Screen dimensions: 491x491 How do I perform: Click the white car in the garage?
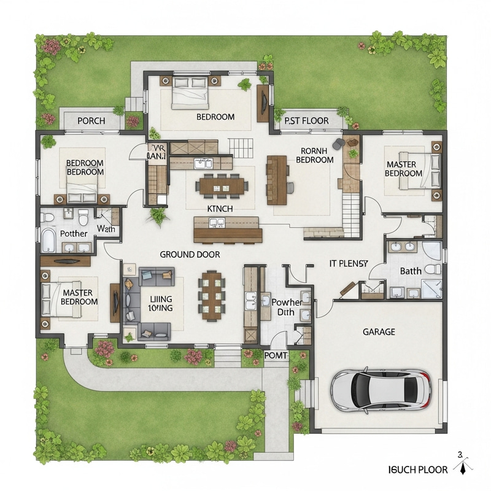[x=381, y=390]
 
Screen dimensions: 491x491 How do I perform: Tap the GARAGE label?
[x=379, y=332]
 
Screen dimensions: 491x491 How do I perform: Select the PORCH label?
[x=91, y=121]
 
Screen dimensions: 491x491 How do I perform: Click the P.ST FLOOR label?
[x=306, y=121]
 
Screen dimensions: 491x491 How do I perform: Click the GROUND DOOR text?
[x=190, y=254]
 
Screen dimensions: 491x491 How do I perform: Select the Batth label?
[x=410, y=271]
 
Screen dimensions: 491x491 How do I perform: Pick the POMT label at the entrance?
[x=276, y=355]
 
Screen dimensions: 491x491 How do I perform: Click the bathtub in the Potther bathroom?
[x=49, y=241]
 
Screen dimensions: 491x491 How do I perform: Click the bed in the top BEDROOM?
[x=190, y=92]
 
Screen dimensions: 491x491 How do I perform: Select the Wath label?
[x=106, y=230]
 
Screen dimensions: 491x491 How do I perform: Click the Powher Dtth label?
[x=287, y=307]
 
